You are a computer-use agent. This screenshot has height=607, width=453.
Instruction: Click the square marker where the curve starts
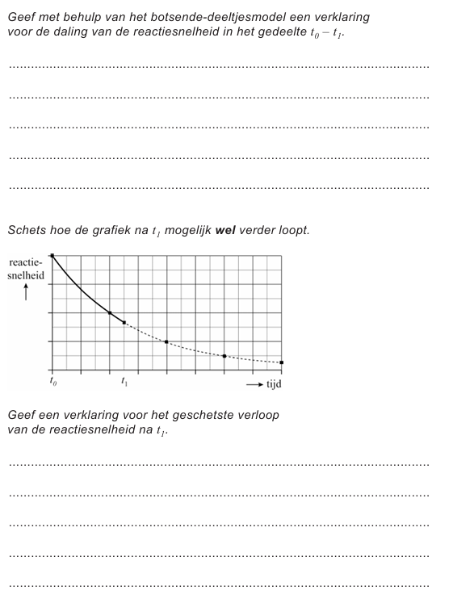click(52, 256)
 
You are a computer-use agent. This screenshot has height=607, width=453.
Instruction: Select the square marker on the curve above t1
click(124, 323)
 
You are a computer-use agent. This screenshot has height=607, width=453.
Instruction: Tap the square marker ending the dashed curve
click(281, 362)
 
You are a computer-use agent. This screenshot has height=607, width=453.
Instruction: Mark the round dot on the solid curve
click(110, 312)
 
